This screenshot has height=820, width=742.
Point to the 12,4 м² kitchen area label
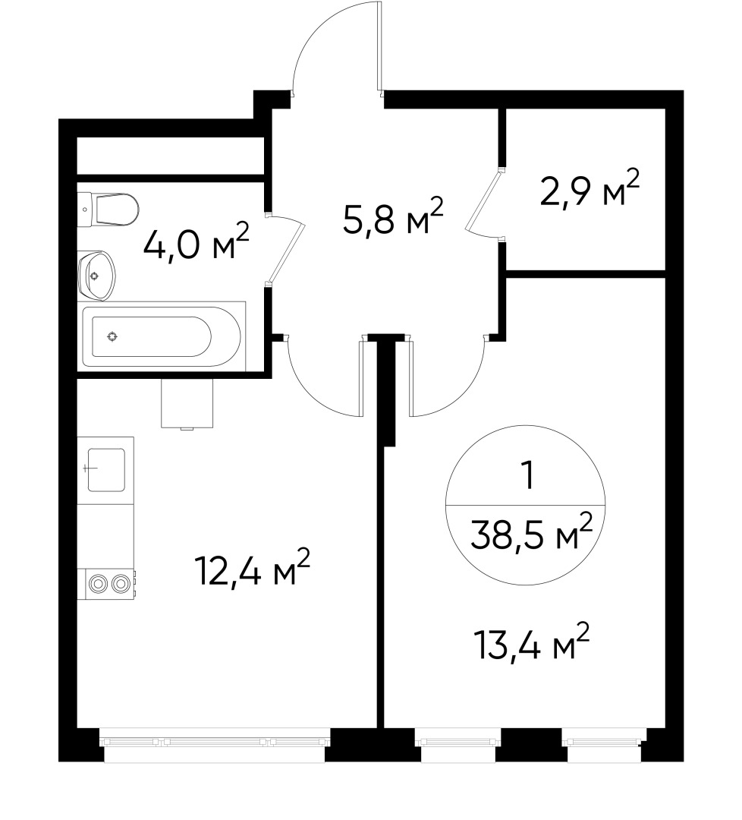[x=253, y=571]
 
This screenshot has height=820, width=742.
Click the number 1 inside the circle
[x=526, y=476]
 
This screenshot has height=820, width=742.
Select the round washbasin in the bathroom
[x=96, y=275]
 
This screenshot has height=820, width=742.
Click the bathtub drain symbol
[x=112, y=336]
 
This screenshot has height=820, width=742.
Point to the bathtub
[x=163, y=336]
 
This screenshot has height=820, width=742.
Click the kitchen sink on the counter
[x=105, y=469]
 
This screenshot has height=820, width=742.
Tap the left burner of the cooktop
[x=97, y=583]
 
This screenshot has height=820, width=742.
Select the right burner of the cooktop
[x=120, y=583]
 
